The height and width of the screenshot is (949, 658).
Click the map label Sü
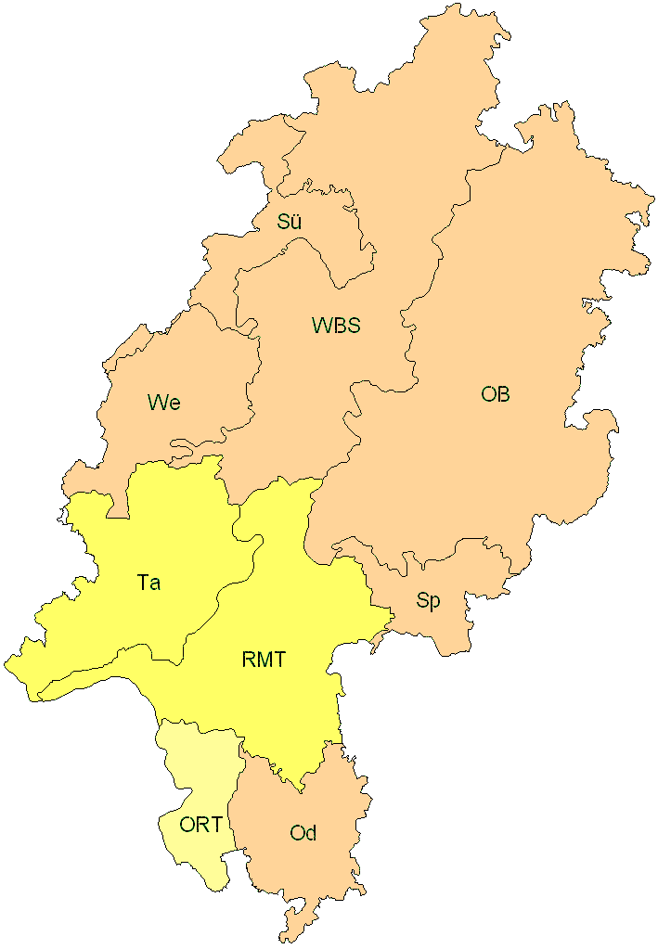(x=290, y=222)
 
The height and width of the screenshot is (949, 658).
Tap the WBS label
(x=336, y=326)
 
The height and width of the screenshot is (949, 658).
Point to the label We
(x=163, y=403)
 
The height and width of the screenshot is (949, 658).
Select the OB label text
(x=496, y=394)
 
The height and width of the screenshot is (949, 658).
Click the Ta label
(x=148, y=583)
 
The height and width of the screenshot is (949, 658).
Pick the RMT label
(x=263, y=660)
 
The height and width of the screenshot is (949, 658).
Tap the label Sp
(x=428, y=600)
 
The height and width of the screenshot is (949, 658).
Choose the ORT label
(x=200, y=825)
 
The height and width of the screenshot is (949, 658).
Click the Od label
(x=303, y=833)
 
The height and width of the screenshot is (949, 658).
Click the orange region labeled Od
(x=306, y=872)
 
